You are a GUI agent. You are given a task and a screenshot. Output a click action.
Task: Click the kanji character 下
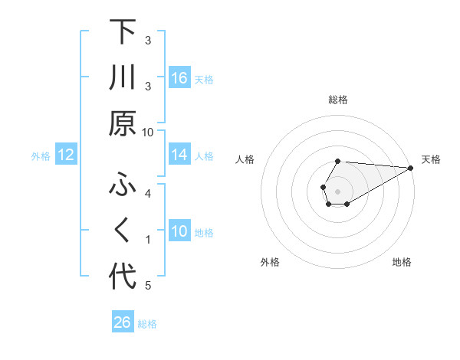pos(123,33)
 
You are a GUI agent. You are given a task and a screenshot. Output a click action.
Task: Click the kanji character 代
pos(123,277)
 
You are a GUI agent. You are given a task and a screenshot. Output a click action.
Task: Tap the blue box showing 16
pos(179,78)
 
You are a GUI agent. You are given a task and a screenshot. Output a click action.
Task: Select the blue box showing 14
pos(179,155)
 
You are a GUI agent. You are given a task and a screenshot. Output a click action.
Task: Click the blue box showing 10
pos(179,232)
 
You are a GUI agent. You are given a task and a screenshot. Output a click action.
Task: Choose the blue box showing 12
pos(66,155)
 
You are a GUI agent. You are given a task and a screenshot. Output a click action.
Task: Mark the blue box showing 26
pos(123,322)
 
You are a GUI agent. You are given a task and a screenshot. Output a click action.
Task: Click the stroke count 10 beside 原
pos(149,132)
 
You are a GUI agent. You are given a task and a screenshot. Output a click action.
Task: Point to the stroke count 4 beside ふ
pos(149,193)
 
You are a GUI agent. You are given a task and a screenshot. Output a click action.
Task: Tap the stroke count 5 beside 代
pos(149,286)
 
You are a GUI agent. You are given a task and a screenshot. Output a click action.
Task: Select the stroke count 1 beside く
pos(149,240)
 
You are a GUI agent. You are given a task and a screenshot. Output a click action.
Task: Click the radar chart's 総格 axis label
pos(338,100)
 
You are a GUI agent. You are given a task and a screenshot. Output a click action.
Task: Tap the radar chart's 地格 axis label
pos(402,263)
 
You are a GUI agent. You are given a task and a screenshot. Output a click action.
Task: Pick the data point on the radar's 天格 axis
pos(411,168)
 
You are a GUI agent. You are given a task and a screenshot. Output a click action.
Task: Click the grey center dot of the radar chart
pos(338,191)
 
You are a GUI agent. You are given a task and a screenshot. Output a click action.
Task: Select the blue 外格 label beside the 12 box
pos(41,156)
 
